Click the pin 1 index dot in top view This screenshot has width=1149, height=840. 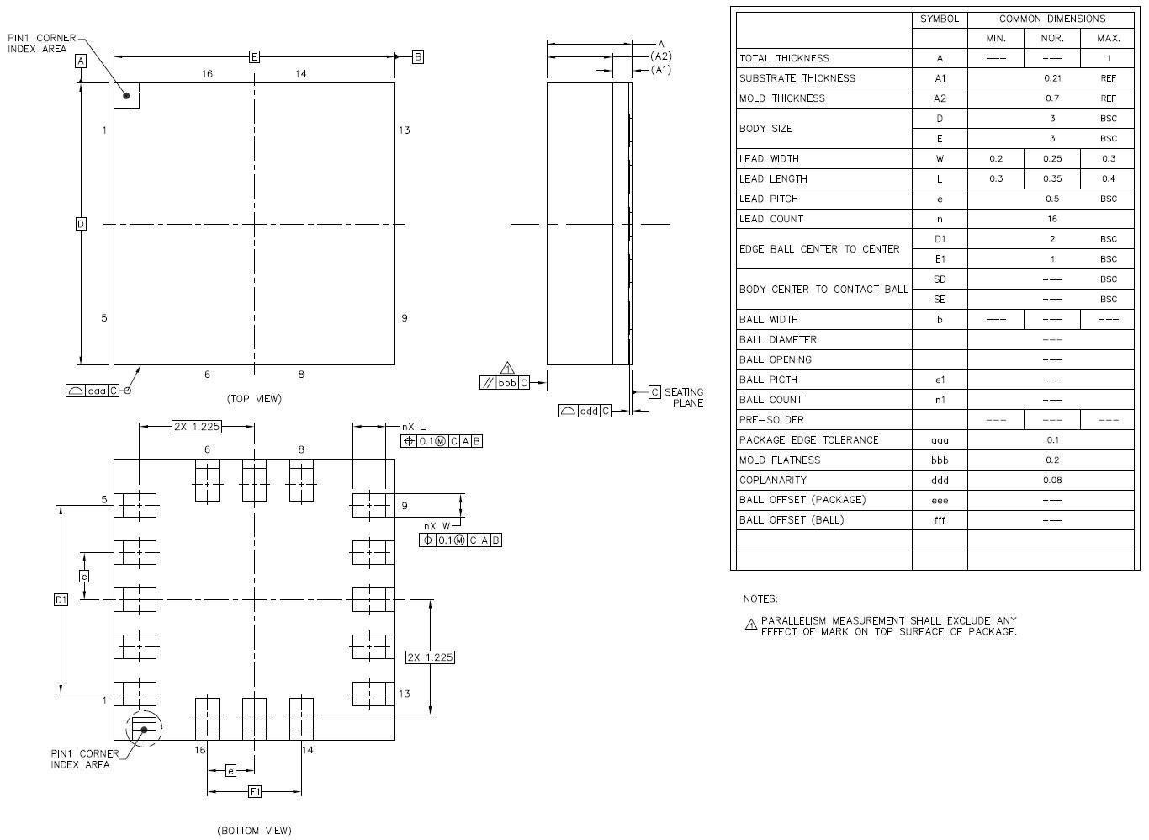coord(127,95)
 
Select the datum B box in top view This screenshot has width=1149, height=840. coord(417,56)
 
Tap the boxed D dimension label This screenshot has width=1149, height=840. coord(81,224)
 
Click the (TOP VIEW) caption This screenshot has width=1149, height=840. coord(254,398)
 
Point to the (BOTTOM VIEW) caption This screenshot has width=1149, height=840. coord(254,831)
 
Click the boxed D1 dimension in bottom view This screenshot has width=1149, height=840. coord(61,599)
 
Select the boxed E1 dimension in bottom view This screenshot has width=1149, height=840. coord(255,791)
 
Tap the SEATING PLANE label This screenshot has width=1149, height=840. coord(683,397)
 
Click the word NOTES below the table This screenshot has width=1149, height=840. coord(760,599)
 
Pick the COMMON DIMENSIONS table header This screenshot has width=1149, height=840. coord(1052,19)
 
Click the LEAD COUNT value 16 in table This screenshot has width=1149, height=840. coord(1052,219)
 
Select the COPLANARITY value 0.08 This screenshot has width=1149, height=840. coord(1052,480)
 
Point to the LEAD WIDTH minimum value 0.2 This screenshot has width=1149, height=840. coord(996,158)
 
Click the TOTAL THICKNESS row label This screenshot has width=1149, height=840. coord(784,58)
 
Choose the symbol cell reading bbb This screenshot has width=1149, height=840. coord(940,460)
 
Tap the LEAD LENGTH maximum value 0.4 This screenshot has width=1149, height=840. coord(1109,178)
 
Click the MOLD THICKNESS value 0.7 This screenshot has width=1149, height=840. coord(1052,98)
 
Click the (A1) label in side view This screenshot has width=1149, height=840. coord(661,70)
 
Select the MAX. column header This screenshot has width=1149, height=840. coord(1109,38)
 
